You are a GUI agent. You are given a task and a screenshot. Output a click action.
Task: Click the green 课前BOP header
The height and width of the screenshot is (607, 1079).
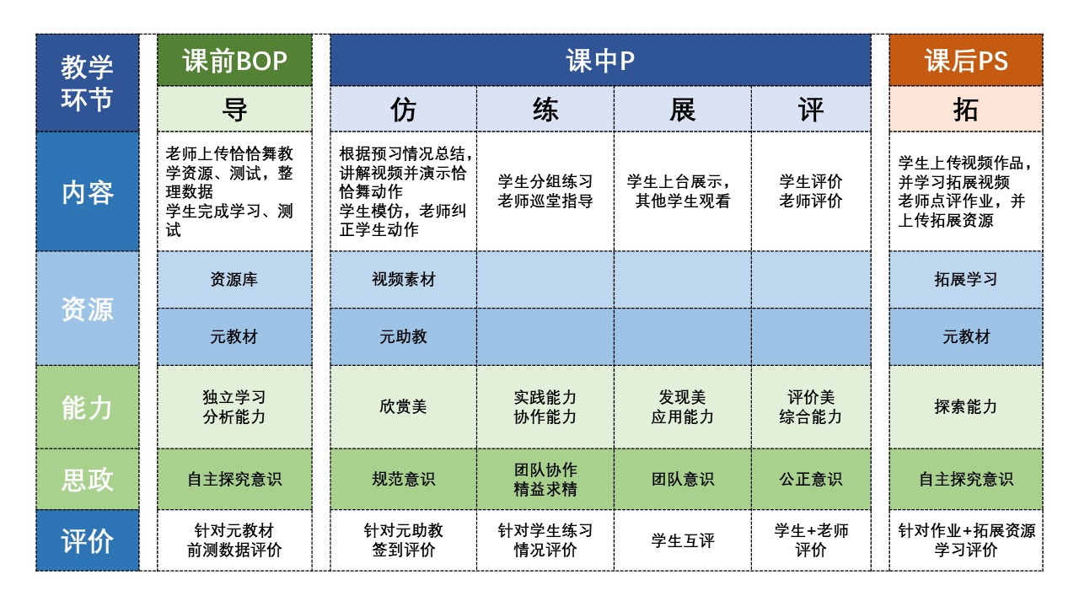pos(234,61)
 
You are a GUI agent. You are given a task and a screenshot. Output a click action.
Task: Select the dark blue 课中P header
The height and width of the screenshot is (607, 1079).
pos(599,61)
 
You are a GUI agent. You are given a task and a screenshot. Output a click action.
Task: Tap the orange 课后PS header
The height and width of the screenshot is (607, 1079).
pos(966,61)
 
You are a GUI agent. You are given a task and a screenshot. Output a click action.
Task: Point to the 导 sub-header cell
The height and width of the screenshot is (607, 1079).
pos(234,110)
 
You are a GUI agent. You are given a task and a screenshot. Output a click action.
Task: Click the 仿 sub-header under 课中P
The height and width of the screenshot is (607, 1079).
pos(403,110)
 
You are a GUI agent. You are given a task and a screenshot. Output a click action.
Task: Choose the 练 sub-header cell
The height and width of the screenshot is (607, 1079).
pos(545,110)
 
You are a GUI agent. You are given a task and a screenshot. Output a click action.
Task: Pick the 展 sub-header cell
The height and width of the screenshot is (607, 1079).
pos(682,110)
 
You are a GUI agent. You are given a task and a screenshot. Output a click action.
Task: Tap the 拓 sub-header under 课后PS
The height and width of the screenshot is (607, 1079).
pos(966,110)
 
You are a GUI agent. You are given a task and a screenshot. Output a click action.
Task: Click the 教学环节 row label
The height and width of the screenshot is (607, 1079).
pos(88,83)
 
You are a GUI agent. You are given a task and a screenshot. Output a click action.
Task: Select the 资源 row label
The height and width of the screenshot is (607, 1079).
pos(88,309)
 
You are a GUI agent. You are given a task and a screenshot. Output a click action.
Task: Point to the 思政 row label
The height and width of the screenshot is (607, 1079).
pos(88,480)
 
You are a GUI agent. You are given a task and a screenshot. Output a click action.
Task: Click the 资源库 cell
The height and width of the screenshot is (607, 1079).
pos(234,280)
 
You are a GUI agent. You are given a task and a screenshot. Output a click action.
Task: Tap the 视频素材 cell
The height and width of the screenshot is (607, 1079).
pos(403,280)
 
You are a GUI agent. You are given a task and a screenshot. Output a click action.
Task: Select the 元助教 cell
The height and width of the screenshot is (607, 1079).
pos(403,337)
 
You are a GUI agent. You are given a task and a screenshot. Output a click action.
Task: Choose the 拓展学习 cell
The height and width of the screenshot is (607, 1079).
pos(966,280)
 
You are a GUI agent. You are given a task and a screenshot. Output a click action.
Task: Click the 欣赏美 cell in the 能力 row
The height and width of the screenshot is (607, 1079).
pos(403,407)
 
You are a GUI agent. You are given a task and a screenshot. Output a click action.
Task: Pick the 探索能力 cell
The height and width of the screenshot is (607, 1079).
pos(966,407)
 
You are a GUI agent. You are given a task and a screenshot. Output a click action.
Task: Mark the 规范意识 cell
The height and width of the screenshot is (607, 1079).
pos(403,480)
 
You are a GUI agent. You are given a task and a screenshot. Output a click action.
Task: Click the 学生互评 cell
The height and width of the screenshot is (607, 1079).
pos(682,541)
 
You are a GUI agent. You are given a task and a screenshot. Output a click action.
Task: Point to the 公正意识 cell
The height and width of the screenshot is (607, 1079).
pos(811,480)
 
